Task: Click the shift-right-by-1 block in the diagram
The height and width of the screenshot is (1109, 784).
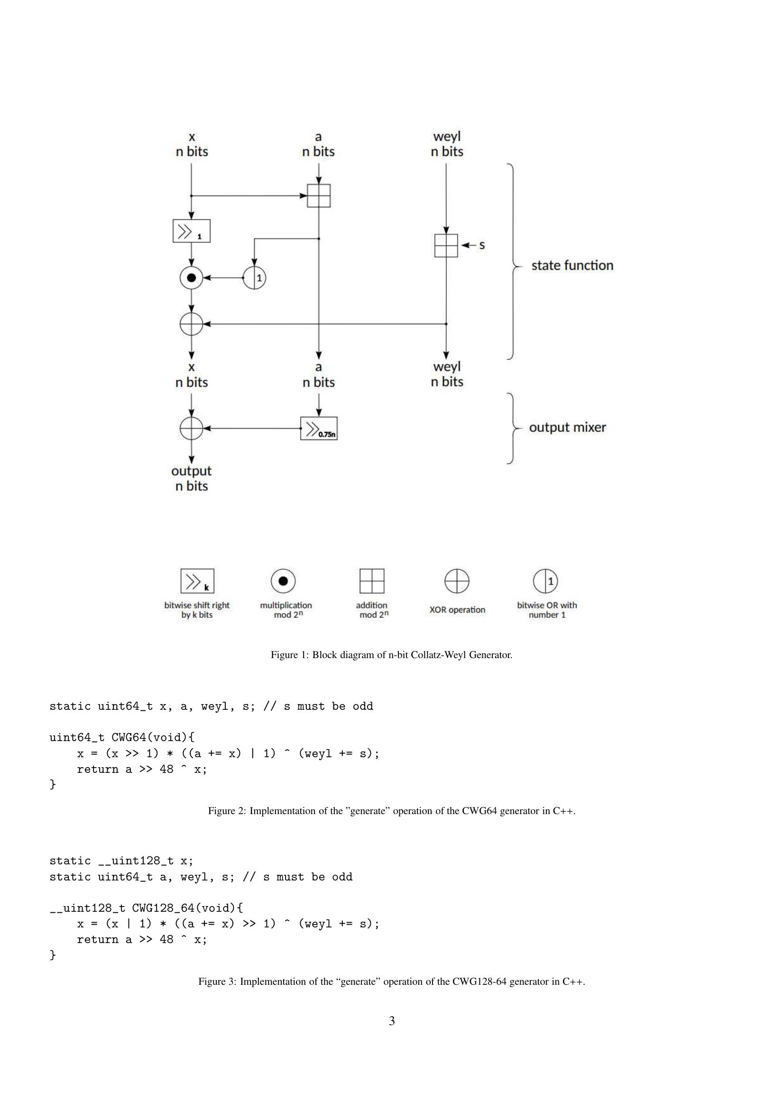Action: pos(191,231)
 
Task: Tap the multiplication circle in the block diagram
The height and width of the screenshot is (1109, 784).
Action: pos(191,278)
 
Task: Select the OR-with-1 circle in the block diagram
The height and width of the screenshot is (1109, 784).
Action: pos(255,278)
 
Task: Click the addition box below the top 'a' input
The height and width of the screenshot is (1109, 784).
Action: pos(319,196)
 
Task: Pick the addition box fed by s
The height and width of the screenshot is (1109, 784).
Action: pos(446,246)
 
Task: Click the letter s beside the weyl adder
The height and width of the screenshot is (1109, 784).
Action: pos(481,246)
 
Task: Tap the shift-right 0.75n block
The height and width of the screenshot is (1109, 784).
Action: pos(319,429)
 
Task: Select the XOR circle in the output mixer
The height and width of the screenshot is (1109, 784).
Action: pos(191,429)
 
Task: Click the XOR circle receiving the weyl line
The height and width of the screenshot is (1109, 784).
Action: pos(191,324)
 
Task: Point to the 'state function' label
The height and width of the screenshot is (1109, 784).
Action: pos(572,266)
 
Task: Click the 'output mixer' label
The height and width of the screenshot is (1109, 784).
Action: pos(567,428)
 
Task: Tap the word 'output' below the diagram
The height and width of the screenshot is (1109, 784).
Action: pos(191,471)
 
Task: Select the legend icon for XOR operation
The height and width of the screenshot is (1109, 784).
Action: pos(456,581)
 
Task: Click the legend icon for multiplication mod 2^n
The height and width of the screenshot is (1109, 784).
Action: pos(283,581)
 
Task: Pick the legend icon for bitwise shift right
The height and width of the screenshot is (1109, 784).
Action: pos(197,581)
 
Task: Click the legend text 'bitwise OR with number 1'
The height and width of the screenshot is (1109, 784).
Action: pos(547,610)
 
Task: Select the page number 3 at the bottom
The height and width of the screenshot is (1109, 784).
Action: pos(392,1021)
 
